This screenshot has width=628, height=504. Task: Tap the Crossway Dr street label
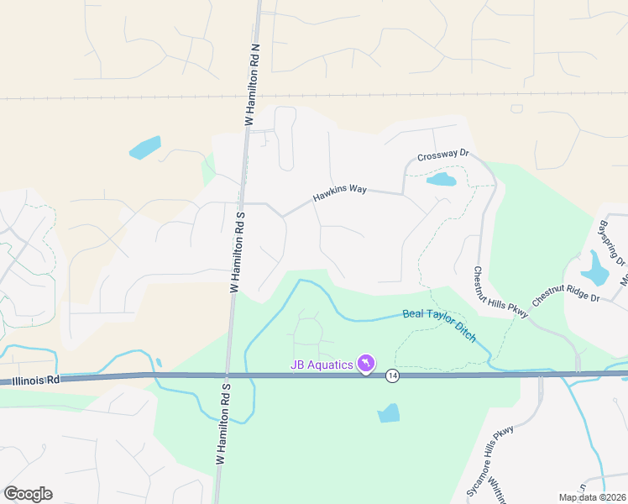pos(442,155)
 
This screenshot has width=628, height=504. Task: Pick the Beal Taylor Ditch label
pos(439,324)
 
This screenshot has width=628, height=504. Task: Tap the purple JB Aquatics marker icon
pos(366,364)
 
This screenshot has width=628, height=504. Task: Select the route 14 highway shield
pos(392,375)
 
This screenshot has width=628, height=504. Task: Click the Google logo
pos(28,494)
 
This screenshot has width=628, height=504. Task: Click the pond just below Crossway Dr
pos(441,179)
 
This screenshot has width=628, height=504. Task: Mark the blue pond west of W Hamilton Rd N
pos(145,147)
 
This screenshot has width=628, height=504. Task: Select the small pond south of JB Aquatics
pos(389,412)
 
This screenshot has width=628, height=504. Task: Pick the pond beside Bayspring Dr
pos(595,268)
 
